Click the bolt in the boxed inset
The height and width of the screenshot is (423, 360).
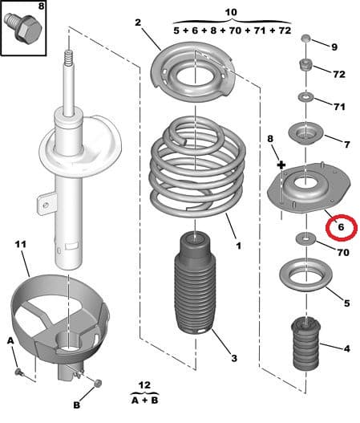coord(23,27)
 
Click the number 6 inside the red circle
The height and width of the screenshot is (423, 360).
coord(341,227)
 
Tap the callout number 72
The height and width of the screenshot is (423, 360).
coord(339,74)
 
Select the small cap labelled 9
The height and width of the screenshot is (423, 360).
coord(305,39)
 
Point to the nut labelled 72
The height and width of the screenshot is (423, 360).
coord(306,65)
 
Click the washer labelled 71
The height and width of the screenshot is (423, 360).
coord(305,97)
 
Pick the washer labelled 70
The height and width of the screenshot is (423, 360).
coord(306,238)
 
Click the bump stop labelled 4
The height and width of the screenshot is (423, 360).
coord(305,344)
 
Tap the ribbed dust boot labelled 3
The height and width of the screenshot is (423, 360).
coord(195,283)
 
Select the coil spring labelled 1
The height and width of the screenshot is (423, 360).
coord(197,165)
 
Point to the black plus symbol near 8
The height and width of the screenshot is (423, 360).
coord(281,165)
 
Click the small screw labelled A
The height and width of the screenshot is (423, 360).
coord(19,372)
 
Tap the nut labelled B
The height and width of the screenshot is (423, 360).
coord(98,383)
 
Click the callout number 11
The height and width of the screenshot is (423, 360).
coord(21,245)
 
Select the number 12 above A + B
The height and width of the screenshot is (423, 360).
coord(144,385)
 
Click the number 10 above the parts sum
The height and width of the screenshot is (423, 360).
coord(231,12)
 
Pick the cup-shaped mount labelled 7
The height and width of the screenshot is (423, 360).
coord(305,133)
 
